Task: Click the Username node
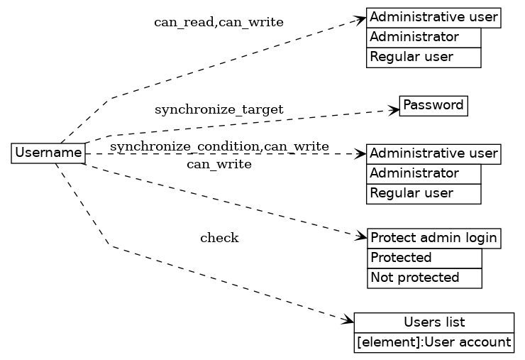coord(48,153)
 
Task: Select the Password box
coord(433,106)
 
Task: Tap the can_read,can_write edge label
coord(219,22)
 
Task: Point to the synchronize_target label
coord(219,109)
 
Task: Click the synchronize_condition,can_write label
coord(219,146)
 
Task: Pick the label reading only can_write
coord(219,165)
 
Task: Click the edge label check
coord(219,238)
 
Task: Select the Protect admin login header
coord(434,238)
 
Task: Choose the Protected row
coord(424,258)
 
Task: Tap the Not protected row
coord(424,278)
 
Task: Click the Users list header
coord(433,322)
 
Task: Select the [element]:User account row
coord(433,343)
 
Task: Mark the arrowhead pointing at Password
coord(394,109)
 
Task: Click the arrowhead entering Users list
coord(348,322)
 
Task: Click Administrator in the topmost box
coord(424,37)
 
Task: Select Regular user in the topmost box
coord(424,57)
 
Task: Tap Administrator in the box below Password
coord(424,173)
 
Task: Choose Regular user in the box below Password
coord(424,193)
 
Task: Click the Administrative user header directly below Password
coord(433,153)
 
